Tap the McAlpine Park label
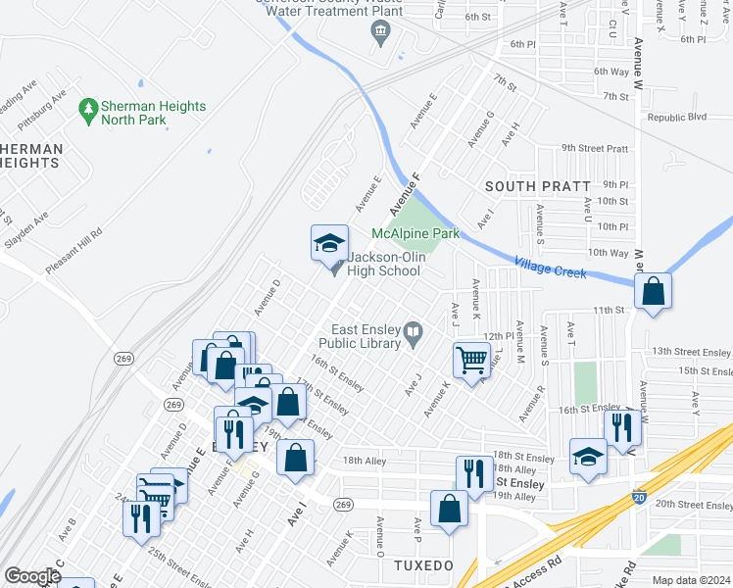click(415, 234)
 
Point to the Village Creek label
click(550, 267)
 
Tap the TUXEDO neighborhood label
click(422, 566)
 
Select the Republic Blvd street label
click(676, 117)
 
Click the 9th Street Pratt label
click(594, 148)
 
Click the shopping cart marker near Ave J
click(471, 360)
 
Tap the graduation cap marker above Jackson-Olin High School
click(329, 242)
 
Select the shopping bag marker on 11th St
click(653, 290)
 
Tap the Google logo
click(32, 576)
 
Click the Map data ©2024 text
click(690, 580)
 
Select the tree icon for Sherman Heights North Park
click(89, 106)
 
